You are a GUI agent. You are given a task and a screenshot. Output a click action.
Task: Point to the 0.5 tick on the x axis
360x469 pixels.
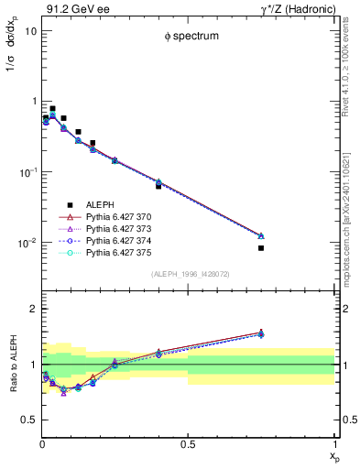click(x=189, y=444)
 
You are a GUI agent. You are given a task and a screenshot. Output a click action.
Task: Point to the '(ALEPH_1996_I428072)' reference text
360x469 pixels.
click(x=189, y=274)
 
